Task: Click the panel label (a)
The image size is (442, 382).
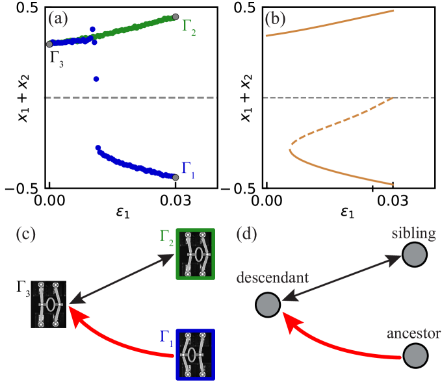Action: pyautogui.click(x=58, y=19)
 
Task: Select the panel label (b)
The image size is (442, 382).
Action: pyautogui.click(x=276, y=19)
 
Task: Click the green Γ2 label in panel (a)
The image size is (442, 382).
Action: pyautogui.click(x=188, y=27)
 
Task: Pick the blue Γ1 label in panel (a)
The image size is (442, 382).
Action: pyautogui.click(x=188, y=170)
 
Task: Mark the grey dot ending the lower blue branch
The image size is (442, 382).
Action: pyautogui.click(x=175, y=177)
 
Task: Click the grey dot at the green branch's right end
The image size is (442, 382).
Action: pyautogui.click(x=175, y=16)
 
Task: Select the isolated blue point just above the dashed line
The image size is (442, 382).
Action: pyautogui.click(x=96, y=79)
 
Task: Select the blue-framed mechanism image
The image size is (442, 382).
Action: pyautogui.click(x=195, y=354)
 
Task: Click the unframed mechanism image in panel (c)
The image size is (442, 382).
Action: pyautogui.click(x=49, y=304)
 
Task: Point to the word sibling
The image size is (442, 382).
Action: pyautogui.click(x=413, y=233)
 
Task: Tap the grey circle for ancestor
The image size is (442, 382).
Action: pyautogui.click(x=415, y=356)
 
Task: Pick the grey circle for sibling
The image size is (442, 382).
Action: pyautogui.click(x=415, y=255)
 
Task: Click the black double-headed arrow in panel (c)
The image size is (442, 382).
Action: pyautogui.click(x=117, y=278)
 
